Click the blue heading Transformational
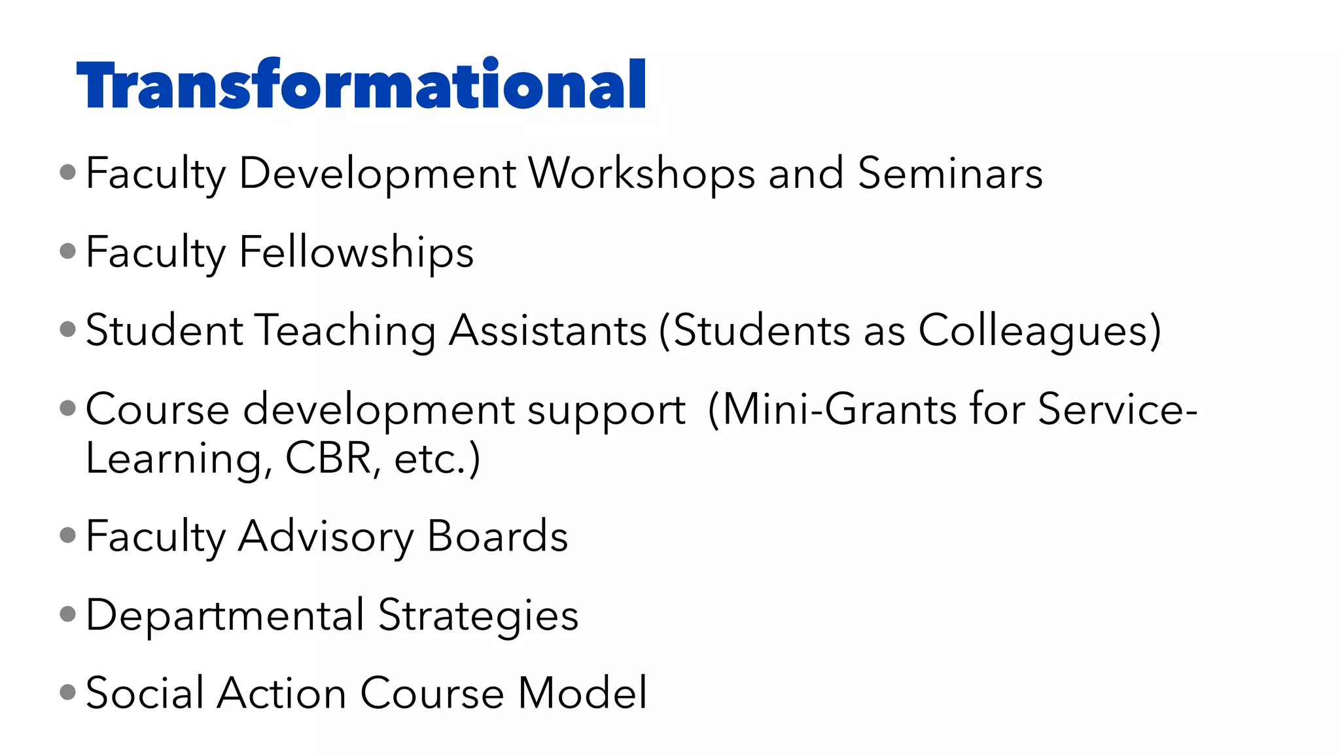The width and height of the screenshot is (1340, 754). click(x=361, y=85)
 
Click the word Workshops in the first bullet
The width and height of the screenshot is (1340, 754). click(x=641, y=174)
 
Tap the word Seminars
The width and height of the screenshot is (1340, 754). click(x=950, y=174)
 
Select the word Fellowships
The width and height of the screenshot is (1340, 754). click(x=357, y=253)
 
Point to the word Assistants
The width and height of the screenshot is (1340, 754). click(x=548, y=331)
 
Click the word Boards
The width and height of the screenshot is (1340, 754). click(x=497, y=537)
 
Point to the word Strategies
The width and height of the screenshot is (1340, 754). click(x=478, y=616)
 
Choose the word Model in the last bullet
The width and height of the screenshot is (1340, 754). click(x=582, y=693)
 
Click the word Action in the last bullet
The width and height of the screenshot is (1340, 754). click(x=281, y=693)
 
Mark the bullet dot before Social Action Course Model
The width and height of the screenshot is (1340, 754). click(x=67, y=692)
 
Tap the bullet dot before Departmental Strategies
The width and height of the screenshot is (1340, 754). click(x=67, y=613)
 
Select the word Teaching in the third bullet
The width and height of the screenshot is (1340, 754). click(x=345, y=331)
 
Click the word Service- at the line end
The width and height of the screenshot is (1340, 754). click(x=1117, y=410)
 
